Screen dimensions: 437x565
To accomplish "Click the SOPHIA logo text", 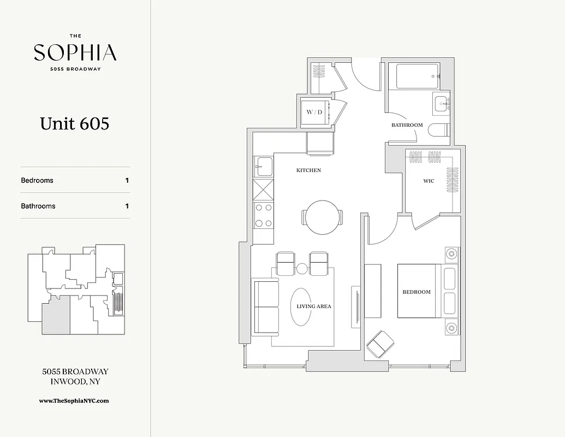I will [75, 53].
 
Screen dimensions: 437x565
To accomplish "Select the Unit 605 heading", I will [75, 123].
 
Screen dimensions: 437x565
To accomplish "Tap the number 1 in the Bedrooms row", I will [127, 180].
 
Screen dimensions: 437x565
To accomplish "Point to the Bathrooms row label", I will [38, 206].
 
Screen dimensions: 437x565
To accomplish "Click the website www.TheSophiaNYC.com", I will [74, 400].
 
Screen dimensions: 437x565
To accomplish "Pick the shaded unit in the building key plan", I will [56, 315].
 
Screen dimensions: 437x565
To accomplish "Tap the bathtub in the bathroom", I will [418, 76].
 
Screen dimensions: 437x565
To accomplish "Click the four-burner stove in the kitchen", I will [264, 215].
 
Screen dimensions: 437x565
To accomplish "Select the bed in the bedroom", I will [419, 291].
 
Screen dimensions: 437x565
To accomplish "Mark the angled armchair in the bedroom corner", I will [380, 344].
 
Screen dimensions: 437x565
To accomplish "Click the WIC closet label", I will [429, 181].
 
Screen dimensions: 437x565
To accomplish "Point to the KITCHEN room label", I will [308, 170].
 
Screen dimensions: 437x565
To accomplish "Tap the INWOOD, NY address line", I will [75, 382].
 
